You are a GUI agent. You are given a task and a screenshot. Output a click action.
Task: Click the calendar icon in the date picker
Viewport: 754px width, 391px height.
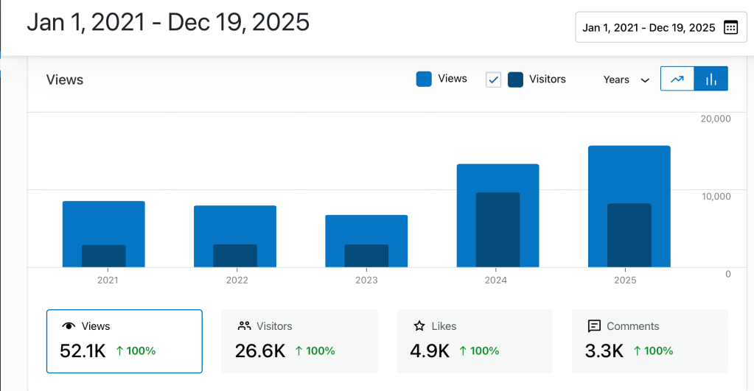click(x=730, y=27)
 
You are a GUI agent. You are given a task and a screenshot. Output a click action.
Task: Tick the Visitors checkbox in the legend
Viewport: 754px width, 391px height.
click(x=494, y=80)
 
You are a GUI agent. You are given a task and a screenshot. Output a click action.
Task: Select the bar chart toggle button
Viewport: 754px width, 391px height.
click(x=711, y=79)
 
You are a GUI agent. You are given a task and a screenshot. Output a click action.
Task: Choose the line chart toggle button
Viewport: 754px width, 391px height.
click(x=677, y=79)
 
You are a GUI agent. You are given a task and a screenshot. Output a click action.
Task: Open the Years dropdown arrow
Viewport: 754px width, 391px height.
click(x=645, y=80)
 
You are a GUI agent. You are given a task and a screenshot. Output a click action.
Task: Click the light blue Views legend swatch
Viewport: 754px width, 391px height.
click(x=424, y=79)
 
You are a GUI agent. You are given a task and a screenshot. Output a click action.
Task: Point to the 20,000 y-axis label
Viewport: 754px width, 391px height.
click(x=715, y=119)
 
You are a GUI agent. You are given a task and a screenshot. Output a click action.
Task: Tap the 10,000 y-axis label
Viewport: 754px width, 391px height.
click(x=715, y=196)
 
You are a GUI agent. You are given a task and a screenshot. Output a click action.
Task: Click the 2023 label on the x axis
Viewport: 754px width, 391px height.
click(x=366, y=280)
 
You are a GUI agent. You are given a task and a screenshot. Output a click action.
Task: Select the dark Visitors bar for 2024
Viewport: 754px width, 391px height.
click(x=498, y=229)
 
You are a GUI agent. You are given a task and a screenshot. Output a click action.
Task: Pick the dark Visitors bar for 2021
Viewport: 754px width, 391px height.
click(x=104, y=256)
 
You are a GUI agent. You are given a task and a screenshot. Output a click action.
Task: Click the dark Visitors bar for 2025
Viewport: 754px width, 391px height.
click(x=629, y=235)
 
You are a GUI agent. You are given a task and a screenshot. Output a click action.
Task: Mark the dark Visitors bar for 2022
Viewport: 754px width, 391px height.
click(x=235, y=256)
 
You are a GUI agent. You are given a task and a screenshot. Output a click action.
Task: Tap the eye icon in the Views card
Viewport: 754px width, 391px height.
click(x=69, y=326)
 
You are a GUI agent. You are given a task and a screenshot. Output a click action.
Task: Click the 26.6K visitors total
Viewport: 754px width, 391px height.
click(x=260, y=351)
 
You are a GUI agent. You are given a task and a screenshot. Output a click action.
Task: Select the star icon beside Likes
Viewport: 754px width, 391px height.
click(x=419, y=326)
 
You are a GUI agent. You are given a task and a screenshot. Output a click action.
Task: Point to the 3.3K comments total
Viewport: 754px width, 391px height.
click(x=604, y=351)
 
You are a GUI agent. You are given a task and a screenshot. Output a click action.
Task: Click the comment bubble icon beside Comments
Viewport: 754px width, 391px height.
click(x=594, y=326)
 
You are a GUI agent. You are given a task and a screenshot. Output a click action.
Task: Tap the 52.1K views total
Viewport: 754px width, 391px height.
click(x=83, y=351)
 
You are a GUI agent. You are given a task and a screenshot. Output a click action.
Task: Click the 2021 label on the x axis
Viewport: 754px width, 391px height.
click(x=108, y=280)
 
